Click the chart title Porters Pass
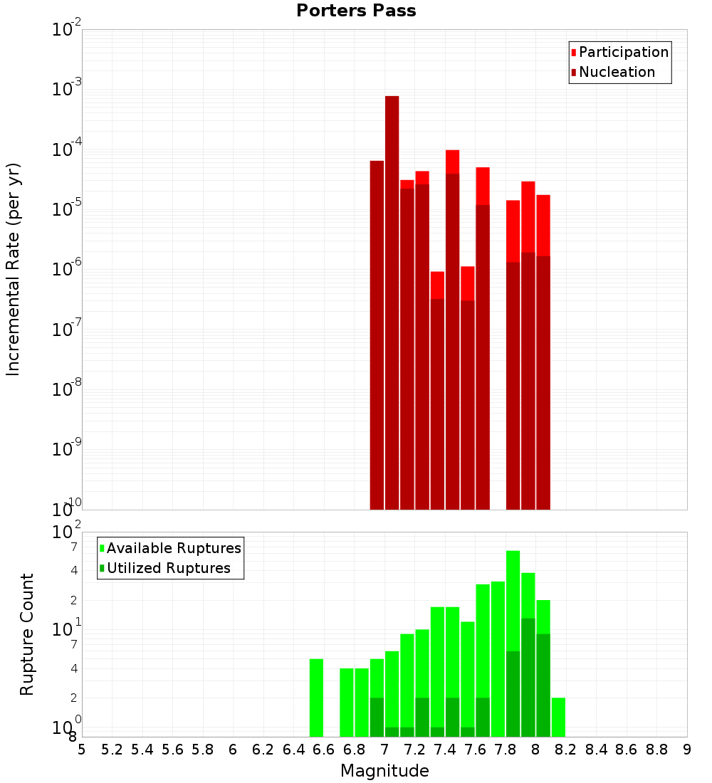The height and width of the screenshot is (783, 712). tap(356, 11)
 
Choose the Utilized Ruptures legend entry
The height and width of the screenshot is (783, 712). tap(168, 568)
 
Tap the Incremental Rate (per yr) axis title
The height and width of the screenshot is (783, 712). tap(13, 270)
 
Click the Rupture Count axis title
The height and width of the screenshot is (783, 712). tap(27, 634)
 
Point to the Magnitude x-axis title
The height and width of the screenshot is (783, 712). tap(384, 771)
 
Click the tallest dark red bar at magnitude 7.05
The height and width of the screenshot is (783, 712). tap(392, 299)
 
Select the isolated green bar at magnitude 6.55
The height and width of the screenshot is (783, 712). tap(316, 698)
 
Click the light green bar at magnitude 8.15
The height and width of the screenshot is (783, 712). tap(558, 717)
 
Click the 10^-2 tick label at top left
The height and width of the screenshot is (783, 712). tap(67, 30)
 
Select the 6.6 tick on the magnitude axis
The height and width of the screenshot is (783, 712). tap(323, 750)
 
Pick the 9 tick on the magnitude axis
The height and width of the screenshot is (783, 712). tap(686, 750)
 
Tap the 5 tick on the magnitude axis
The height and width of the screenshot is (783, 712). tap(82, 750)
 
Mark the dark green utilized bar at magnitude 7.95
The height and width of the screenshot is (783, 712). tap(528, 677)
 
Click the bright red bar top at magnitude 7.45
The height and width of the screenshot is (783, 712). tap(452, 161)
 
